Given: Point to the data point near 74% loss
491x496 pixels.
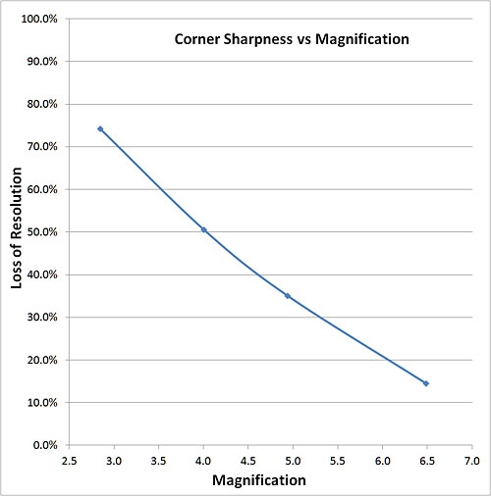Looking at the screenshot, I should tap(100, 128).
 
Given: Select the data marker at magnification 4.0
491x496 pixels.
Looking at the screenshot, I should tap(203, 229).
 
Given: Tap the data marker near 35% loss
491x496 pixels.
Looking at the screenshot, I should tap(288, 295).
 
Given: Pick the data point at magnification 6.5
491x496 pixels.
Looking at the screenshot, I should tap(426, 383).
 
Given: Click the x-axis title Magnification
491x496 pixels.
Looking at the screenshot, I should tap(259, 480).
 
